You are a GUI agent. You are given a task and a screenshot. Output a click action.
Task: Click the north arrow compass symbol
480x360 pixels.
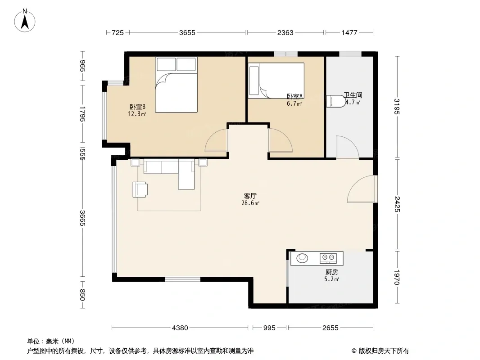tap(25, 21)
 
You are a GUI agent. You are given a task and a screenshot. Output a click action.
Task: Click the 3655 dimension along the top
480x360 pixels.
tap(187, 32)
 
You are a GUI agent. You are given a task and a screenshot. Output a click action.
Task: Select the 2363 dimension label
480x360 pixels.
tap(285, 32)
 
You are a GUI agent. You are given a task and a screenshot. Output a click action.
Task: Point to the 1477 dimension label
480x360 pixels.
tap(349, 32)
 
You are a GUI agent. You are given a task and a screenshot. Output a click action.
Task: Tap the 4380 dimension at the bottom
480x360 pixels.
tap(180, 328)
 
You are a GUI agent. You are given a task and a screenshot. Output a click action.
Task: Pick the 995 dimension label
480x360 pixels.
tap(269, 328)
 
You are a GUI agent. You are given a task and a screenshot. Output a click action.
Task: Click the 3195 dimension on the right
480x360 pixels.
tap(397, 107)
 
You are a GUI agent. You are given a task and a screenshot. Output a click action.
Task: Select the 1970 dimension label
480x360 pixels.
tap(397, 277)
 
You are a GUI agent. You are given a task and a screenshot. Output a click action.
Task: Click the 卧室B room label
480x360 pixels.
tap(137, 107)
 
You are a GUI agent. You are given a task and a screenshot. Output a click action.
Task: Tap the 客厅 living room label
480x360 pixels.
tap(250, 196)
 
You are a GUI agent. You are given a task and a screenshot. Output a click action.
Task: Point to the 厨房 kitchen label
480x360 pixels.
tap(331, 272)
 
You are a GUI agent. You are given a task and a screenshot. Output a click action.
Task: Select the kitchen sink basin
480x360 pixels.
tap(302, 258)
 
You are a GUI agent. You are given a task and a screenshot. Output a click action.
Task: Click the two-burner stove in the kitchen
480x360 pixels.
tap(328, 258)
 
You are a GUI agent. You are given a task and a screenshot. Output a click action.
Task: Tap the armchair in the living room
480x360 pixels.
tap(140, 189)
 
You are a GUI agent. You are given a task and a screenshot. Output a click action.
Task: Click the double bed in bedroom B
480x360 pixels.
tap(176, 85)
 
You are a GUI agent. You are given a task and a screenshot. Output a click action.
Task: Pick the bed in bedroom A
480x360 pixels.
tap(276, 81)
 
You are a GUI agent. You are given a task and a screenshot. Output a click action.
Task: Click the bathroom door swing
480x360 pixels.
tap(347, 147)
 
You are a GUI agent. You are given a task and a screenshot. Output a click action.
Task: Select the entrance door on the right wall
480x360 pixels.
tap(362, 189)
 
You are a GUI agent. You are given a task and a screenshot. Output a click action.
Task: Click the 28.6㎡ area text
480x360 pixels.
tap(250, 203)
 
